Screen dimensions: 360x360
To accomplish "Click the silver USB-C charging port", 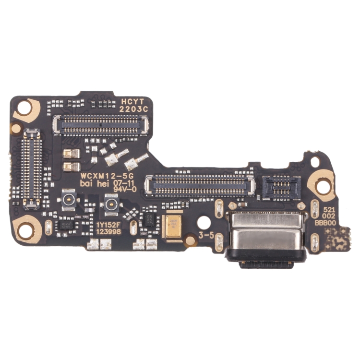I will [268, 235].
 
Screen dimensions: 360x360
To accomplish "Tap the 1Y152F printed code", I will [108, 224].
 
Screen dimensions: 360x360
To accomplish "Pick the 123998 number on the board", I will [108, 231].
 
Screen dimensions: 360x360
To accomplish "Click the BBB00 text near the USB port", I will [325, 222].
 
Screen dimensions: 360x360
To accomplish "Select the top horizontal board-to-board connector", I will [101, 125].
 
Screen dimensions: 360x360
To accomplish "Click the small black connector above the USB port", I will [281, 187].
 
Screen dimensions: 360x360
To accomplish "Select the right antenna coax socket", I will [110, 205].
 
